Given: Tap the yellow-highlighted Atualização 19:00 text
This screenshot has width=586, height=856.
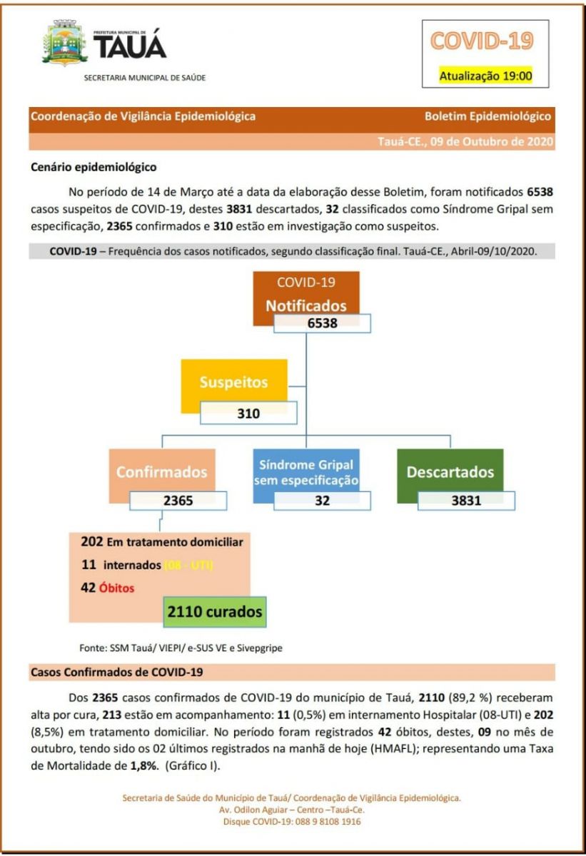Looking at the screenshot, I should pos(485,76).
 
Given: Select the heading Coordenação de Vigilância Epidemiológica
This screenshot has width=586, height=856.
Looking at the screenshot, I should pos(143,116).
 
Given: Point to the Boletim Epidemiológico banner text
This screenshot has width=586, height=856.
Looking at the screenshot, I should pos(488,116).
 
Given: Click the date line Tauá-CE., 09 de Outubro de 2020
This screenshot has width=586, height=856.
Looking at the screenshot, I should pos(465,141).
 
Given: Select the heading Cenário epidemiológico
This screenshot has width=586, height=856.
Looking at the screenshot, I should pos(94,168).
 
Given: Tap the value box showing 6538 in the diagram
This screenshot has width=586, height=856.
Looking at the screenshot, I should pos(322,323).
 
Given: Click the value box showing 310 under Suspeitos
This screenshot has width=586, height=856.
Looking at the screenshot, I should pos(248,412).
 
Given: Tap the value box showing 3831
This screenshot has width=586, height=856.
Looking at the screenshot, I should pos(466,500).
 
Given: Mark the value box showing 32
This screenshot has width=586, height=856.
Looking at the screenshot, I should pos(322,500).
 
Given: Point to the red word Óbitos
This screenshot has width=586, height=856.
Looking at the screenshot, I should pos(116,588).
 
